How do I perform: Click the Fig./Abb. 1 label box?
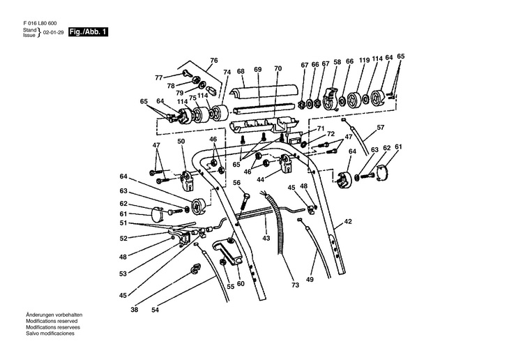tap(89, 33)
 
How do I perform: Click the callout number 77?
tap(158, 77)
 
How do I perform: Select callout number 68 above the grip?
tap(241, 70)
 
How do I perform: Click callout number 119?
tap(364, 61)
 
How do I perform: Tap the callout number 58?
tap(337, 62)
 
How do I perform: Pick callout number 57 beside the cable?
tap(381, 128)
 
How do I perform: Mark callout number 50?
tap(181, 142)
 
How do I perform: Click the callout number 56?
tap(237, 183)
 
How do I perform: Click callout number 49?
tap(310, 280)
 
